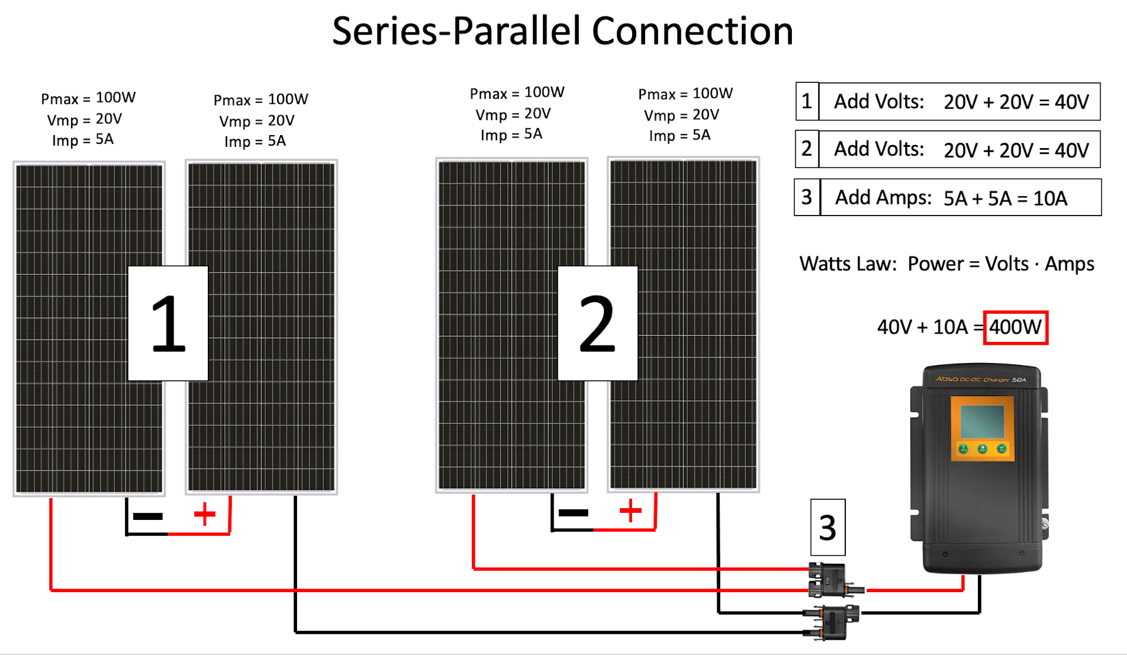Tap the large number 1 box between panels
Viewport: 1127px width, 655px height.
(x=168, y=323)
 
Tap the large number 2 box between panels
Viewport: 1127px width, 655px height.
(x=597, y=323)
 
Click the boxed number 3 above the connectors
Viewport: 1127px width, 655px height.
(x=828, y=527)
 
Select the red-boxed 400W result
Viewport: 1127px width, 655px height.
(x=1015, y=327)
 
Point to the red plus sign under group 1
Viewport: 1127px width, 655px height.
(x=205, y=514)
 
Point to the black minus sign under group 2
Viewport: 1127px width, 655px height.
(x=573, y=513)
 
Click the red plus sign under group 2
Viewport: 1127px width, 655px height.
(x=630, y=510)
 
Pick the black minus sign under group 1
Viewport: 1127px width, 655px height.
(x=148, y=516)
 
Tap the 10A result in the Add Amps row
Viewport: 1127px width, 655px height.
(x=1050, y=199)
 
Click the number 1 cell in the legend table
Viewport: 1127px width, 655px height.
(x=807, y=101)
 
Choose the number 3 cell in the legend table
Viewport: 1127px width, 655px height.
(x=807, y=197)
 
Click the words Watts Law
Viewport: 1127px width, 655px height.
(x=848, y=264)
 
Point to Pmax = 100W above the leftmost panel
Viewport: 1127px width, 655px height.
(x=88, y=98)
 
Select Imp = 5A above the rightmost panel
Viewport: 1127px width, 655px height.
(x=680, y=136)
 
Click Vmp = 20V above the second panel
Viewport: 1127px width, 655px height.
(x=257, y=121)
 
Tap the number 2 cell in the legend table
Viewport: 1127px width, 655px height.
(x=807, y=149)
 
